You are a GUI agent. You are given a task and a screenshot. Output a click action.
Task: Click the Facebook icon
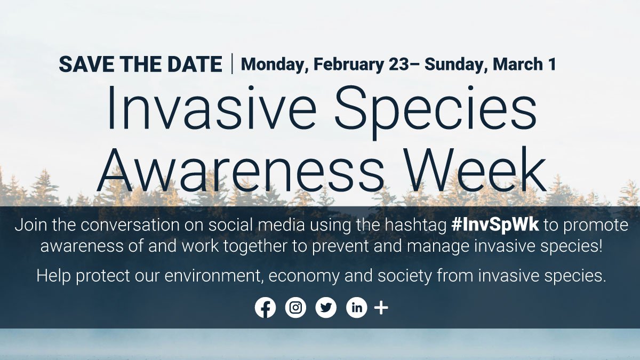pos(265,308)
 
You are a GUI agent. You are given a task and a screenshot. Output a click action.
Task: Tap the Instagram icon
pos(295,308)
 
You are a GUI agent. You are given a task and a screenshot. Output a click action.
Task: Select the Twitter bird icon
pos(326,308)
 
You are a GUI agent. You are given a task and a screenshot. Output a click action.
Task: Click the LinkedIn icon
pos(356,308)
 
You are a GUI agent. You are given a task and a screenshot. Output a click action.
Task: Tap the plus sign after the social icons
pos(381,308)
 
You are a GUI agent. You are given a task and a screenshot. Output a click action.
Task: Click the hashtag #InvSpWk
pos(495,225)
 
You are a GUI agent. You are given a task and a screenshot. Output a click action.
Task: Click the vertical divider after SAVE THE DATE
pos(232,64)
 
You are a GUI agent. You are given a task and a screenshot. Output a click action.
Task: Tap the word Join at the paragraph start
pos(30,225)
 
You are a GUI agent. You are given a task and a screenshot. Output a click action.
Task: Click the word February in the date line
pos(348,65)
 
